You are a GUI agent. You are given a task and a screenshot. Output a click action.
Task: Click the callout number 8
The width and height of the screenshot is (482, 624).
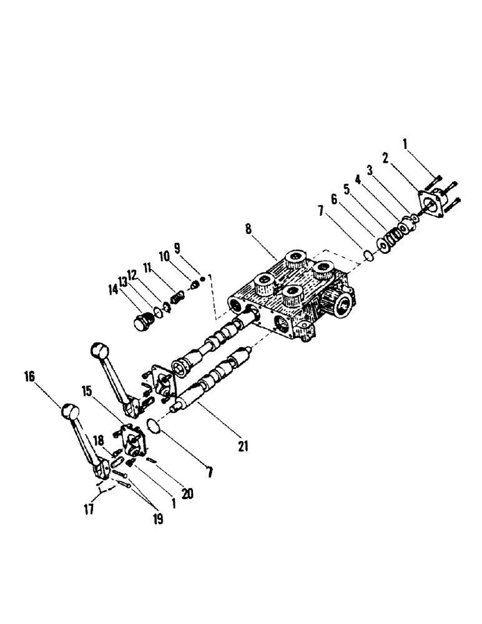tap(249, 229)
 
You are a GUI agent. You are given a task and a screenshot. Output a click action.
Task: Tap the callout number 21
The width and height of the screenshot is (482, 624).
tap(243, 446)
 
